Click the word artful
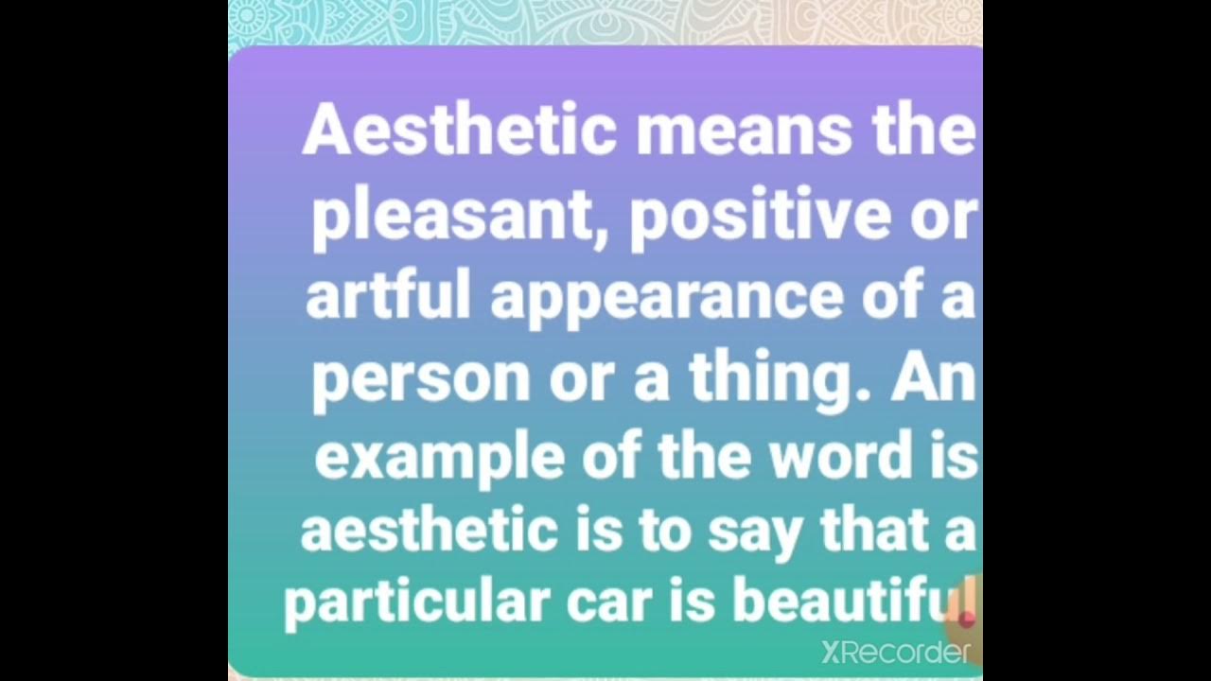point(388,296)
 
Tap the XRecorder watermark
point(895,652)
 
